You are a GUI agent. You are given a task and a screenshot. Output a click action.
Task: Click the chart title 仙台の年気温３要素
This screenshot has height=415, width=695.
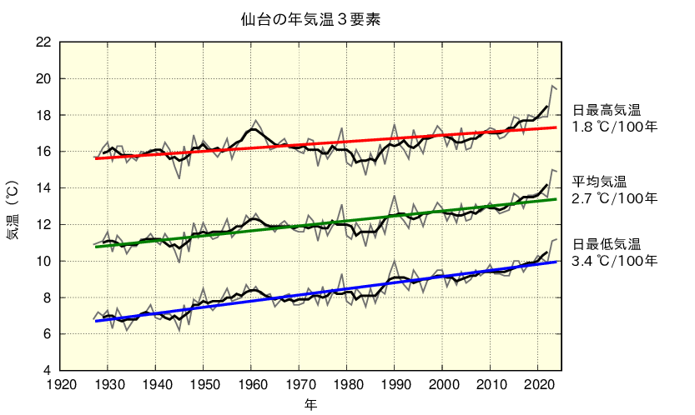tap(310, 19)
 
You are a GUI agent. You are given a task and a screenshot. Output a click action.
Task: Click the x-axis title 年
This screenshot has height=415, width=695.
tap(310, 405)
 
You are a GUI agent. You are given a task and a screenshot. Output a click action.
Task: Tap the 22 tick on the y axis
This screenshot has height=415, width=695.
tap(43, 42)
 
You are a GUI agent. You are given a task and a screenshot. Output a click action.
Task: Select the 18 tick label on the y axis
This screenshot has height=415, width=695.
tap(43, 115)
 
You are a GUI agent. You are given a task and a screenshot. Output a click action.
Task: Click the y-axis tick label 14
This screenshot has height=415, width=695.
tap(43, 188)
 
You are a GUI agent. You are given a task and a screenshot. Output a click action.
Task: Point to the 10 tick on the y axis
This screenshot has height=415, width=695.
tap(43, 261)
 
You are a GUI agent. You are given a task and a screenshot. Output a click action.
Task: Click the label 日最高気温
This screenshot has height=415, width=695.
tap(606, 110)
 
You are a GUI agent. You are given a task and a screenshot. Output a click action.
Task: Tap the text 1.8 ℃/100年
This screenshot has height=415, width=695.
tap(615, 127)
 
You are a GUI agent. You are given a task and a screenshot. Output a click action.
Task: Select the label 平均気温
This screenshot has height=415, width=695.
tap(599, 181)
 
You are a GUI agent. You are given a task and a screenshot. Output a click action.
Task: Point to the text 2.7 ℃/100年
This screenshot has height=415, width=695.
tap(615, 198)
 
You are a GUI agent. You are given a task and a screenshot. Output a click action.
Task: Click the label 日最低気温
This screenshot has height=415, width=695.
tap(606, 244)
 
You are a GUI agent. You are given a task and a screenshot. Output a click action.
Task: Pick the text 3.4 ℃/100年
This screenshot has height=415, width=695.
tap(615, 262)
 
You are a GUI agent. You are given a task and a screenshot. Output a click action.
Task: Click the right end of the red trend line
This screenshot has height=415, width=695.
tap(557, 127)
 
